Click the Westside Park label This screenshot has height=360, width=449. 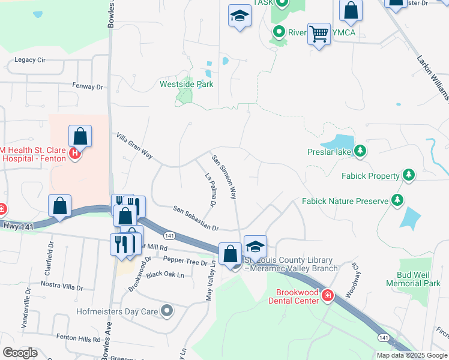pos(186,84)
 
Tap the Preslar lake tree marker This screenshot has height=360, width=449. pos(360,151)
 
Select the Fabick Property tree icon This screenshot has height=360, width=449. pos(409,175)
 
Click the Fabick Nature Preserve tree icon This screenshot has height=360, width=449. pos(397,200)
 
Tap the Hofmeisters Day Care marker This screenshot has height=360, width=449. pos(167,311)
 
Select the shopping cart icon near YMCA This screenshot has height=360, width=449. pos(319,34)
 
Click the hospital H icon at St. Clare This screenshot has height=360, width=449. pos(75,154)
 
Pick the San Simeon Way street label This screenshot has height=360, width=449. pos(223,176)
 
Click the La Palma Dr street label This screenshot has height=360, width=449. pos(210,190)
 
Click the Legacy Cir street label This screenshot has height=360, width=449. pos(30,60)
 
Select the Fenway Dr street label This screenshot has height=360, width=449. pos(88,86)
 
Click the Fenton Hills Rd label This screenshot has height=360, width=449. pos(78,338)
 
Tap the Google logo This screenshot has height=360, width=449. pos(20,352)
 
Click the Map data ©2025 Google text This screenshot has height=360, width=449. pos(411,355)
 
